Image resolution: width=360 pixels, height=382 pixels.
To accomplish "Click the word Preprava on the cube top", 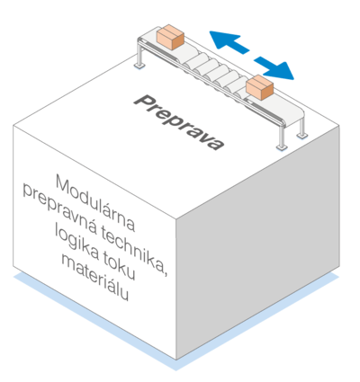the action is (x=179, y=123).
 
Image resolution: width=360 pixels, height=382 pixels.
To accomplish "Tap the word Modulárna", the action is (x=95, y=203).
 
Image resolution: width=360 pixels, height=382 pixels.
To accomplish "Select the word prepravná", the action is (x=60, y=209).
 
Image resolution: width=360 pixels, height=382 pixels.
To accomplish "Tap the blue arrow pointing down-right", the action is (x=274, y=68).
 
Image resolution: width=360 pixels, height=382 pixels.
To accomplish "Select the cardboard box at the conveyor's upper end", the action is (x=170, y=37).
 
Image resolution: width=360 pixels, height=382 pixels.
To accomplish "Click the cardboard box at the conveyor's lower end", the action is (x=259, y=87).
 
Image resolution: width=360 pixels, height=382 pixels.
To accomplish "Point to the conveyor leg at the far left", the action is (x=139, y=56).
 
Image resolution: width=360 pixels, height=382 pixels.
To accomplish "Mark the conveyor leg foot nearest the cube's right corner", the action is (x=301, y=136).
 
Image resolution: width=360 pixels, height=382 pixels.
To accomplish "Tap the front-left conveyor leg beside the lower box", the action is (x=282, y=137).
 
